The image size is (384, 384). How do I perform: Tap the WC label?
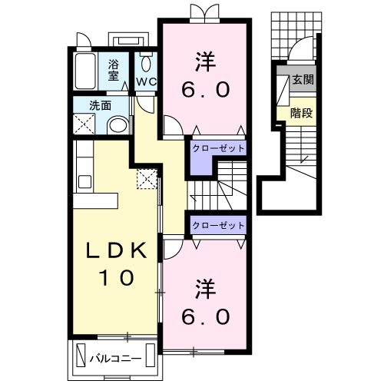tap(146, 82)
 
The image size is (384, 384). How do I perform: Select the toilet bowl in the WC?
tap(146, 64)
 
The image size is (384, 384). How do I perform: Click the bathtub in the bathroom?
tap(85, 71)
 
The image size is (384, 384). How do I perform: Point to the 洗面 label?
tap(100, 105)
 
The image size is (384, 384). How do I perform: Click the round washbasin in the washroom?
tap(118, 126)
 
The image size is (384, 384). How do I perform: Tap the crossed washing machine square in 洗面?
tap(84, 124)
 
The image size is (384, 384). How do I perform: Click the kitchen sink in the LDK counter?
tap(84, 182)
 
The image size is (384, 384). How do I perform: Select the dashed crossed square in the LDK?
tap(147, 179)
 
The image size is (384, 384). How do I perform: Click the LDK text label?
tap(117, 250)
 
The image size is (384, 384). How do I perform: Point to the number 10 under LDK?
tap(117, 277)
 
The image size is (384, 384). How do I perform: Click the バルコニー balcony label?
tap(115, 359)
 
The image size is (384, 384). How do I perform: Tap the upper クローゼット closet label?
tap(218, 148)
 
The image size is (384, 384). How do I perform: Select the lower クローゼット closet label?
tap(218, 225)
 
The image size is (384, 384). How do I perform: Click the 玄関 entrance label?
tap(303, 80)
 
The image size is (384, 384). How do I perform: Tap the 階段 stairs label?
tap(302, 113)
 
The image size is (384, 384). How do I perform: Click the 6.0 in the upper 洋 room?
tap(206, 90)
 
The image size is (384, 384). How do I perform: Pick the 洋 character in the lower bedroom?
tap(206, 289)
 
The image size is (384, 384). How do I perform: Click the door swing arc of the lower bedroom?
tap(177, 253)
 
